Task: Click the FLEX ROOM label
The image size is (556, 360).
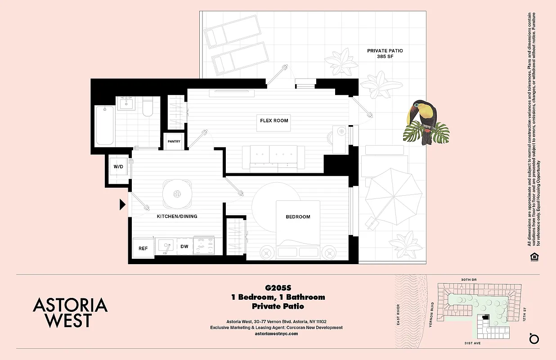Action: (x=274, y=121)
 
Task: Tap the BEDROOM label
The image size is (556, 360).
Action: (x=298, y=217)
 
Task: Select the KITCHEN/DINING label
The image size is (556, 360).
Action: (x=177, y=216)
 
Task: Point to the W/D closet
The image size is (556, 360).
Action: (x=118, y=167)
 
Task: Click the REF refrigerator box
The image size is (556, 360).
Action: (x=143, y=248)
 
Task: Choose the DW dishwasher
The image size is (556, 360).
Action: (x=184, y=247)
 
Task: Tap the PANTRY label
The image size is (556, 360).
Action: (x=174, y=142)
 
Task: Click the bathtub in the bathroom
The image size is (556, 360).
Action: (x=105, y=125)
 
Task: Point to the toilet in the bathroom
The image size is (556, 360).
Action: (x=148, y=107)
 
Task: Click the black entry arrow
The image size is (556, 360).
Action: (x=122, y=205)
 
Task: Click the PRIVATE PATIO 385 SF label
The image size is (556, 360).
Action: (x=385, y=54)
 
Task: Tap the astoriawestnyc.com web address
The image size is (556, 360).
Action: (x=276, y=334)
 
